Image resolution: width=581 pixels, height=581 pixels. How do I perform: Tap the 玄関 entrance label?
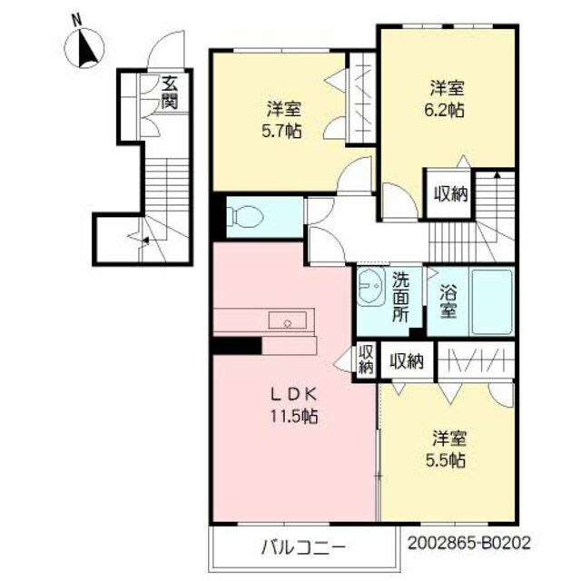tap(169, 93)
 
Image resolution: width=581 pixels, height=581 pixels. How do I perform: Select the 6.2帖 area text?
tap(447, 106)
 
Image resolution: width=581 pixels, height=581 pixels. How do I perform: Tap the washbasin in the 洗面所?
tap(370, 290)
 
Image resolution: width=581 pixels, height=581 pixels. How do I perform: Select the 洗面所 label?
tap(399, 298)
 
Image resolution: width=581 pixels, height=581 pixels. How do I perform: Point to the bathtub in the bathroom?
tap(492, 301)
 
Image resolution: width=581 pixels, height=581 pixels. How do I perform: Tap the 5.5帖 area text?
tap(447, 460)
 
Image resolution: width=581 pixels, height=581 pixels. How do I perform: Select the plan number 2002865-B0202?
tap(468, 543)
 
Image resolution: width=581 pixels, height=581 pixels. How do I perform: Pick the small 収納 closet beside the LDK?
tap(366, 360)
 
